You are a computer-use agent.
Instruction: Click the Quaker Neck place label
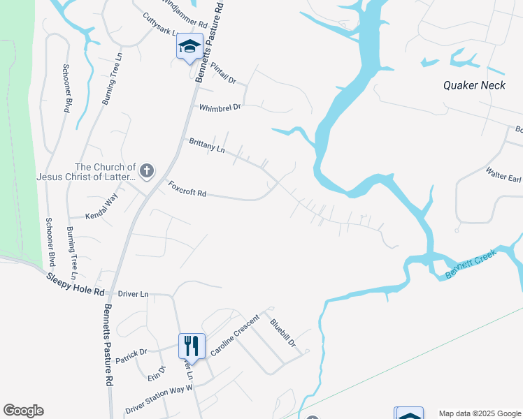point(474,85)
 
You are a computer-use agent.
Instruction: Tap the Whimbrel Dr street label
point(220,108)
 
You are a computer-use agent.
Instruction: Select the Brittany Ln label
point(207,146)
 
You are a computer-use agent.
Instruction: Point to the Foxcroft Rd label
point(187,189)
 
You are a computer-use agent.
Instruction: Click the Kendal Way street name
point(101,207)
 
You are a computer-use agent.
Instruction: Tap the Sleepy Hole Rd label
point(76,284)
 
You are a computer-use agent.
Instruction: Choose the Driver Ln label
point(134,294)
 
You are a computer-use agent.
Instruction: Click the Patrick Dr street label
point(131,356)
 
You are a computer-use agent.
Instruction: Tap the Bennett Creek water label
point(471,265)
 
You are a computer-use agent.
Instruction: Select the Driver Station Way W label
point(159,399)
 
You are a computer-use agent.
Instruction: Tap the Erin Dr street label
point(155,374)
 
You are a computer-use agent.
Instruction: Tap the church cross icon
point(147,170)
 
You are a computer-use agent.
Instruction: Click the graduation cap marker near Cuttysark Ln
point(189,46)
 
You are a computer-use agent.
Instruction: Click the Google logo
point(23,411)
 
